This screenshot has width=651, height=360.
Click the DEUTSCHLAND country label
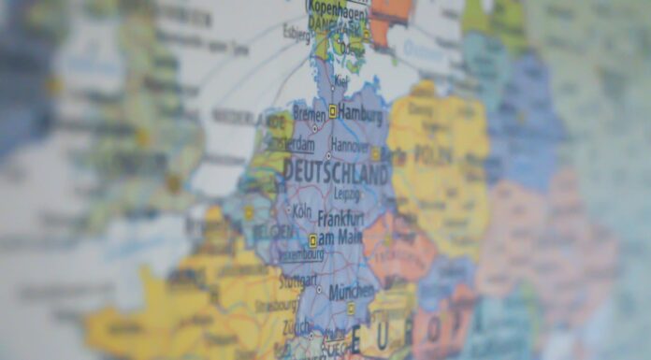tap(335, 173)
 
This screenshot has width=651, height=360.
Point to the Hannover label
tap(350, 145)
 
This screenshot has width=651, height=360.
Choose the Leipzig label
tap(345, 194)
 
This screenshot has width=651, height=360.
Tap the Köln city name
tap(301, 211)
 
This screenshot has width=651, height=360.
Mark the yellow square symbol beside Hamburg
tap(331, 111)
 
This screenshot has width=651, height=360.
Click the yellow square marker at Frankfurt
tap(313, 240)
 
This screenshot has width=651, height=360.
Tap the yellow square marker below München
tap(351, 309)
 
